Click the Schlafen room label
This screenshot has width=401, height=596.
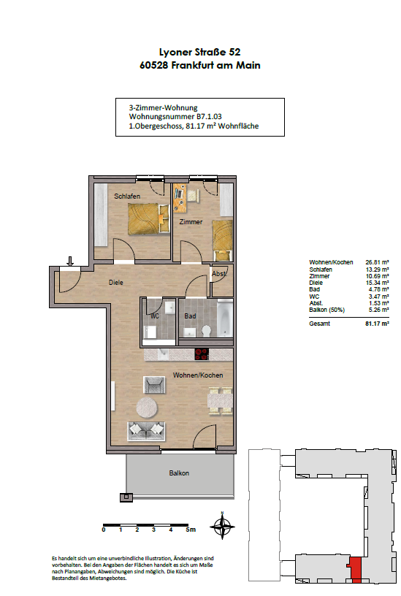pos(127,196)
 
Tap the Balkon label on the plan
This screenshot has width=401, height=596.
pos(179,473)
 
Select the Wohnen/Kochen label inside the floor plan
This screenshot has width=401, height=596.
pos(198,375)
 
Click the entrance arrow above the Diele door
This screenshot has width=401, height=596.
pos(70,261)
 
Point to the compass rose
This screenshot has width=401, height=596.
pos(222,527)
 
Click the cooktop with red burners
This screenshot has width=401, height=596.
pos(202,354)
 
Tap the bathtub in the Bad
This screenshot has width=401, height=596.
pos(225,318)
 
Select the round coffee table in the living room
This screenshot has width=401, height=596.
pos(147,407)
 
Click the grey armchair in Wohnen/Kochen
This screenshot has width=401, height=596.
pos(154,385)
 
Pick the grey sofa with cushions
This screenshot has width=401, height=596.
pos(146,431)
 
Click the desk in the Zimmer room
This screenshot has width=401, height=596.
pos(180,198)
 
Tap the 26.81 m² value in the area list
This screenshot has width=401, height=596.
pos(377,262)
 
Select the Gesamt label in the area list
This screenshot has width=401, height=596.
pos(320,324)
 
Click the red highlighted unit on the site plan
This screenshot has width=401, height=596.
pos(356,570)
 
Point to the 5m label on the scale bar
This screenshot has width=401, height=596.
pos(191,530)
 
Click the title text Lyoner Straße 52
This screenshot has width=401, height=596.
pos(199,52)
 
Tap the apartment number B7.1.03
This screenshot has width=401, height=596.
pos(209,117)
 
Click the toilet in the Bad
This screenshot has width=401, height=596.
pos(207,331)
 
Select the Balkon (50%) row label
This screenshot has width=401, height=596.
pos(327,310)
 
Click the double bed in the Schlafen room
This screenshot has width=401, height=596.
pos(148,218)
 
